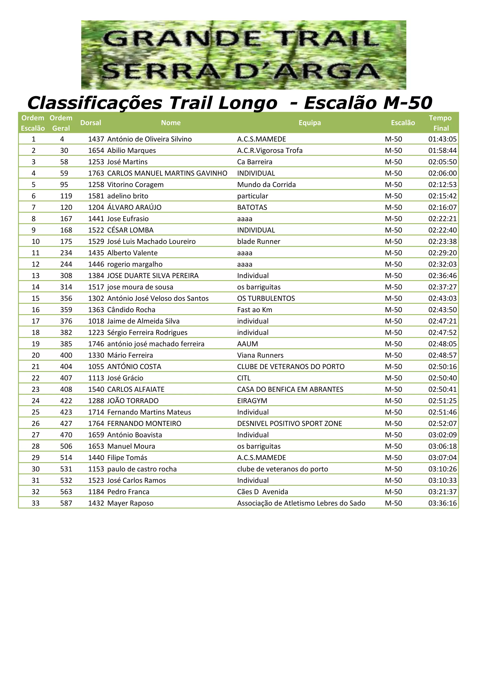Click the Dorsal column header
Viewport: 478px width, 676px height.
click(x=91, y=123)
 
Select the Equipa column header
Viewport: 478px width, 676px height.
click(x=310, y=123)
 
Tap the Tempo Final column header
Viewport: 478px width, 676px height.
click(x=441, y=123)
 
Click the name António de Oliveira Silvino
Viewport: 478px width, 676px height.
click(x=150, y=139)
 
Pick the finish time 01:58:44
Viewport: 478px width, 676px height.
click(x=442, y=151)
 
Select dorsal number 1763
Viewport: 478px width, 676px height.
click(x=96, y=173)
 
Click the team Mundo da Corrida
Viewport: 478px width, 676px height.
click(x=266, y=185)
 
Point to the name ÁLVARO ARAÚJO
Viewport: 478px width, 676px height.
click(x=134, y=208)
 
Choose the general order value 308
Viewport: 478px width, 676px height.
click(x=66, y=276)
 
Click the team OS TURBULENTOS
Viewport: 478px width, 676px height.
click(x=266, y=299)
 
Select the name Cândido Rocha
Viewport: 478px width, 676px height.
click(x=131, y=310)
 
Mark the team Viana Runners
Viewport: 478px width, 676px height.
click(x=260, y=355)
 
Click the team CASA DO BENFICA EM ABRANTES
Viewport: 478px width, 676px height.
click(x=290, y=390)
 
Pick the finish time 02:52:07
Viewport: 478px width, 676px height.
click(x=442, y=424)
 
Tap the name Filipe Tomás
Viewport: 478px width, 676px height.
click(x=127, y=458)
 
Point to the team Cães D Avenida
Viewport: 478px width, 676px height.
click(x=263, y=492)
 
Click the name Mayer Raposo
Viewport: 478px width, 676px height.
click(x=130, y=503)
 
